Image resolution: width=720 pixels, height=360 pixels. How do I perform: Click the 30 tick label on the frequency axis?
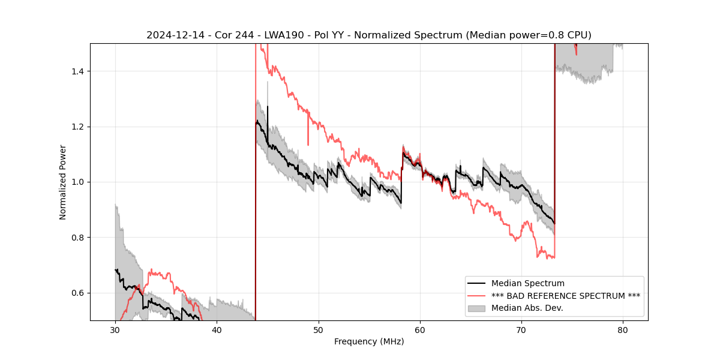point(115,329)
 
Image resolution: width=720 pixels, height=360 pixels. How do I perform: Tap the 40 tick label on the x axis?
point(217,329)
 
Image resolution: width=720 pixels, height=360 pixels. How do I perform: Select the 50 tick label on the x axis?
point(319,329)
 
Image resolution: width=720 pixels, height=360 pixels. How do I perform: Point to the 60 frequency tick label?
point(420,329)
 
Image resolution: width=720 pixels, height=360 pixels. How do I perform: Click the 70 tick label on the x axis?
point(521,329)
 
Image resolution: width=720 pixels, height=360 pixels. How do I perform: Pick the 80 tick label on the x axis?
point(623,329)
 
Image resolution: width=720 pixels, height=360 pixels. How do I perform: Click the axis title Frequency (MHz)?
point(369,341)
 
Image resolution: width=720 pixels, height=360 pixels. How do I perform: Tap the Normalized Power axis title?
point(63,182)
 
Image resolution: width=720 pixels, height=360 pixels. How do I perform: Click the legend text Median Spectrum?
point(527,283)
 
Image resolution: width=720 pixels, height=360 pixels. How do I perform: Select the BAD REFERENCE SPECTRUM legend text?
point(565,296)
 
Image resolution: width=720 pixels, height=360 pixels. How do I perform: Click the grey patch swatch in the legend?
point(478,308)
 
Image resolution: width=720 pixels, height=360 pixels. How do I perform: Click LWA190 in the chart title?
point(273,35)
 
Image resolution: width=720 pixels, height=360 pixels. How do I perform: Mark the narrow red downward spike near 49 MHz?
point(308,138)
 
